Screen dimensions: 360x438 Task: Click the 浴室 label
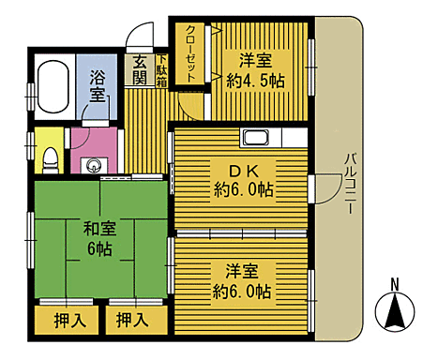(x=97, y=84)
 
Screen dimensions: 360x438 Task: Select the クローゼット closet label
(x=190, y=54)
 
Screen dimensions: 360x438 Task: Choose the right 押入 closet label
(x=132, y=320)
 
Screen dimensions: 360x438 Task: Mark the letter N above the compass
(x=395, y=284)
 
